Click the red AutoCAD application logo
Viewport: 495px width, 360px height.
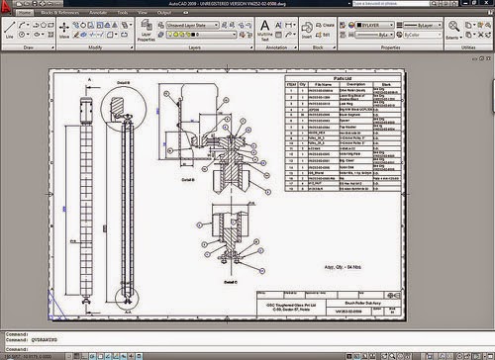click(x=9, y=8)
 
